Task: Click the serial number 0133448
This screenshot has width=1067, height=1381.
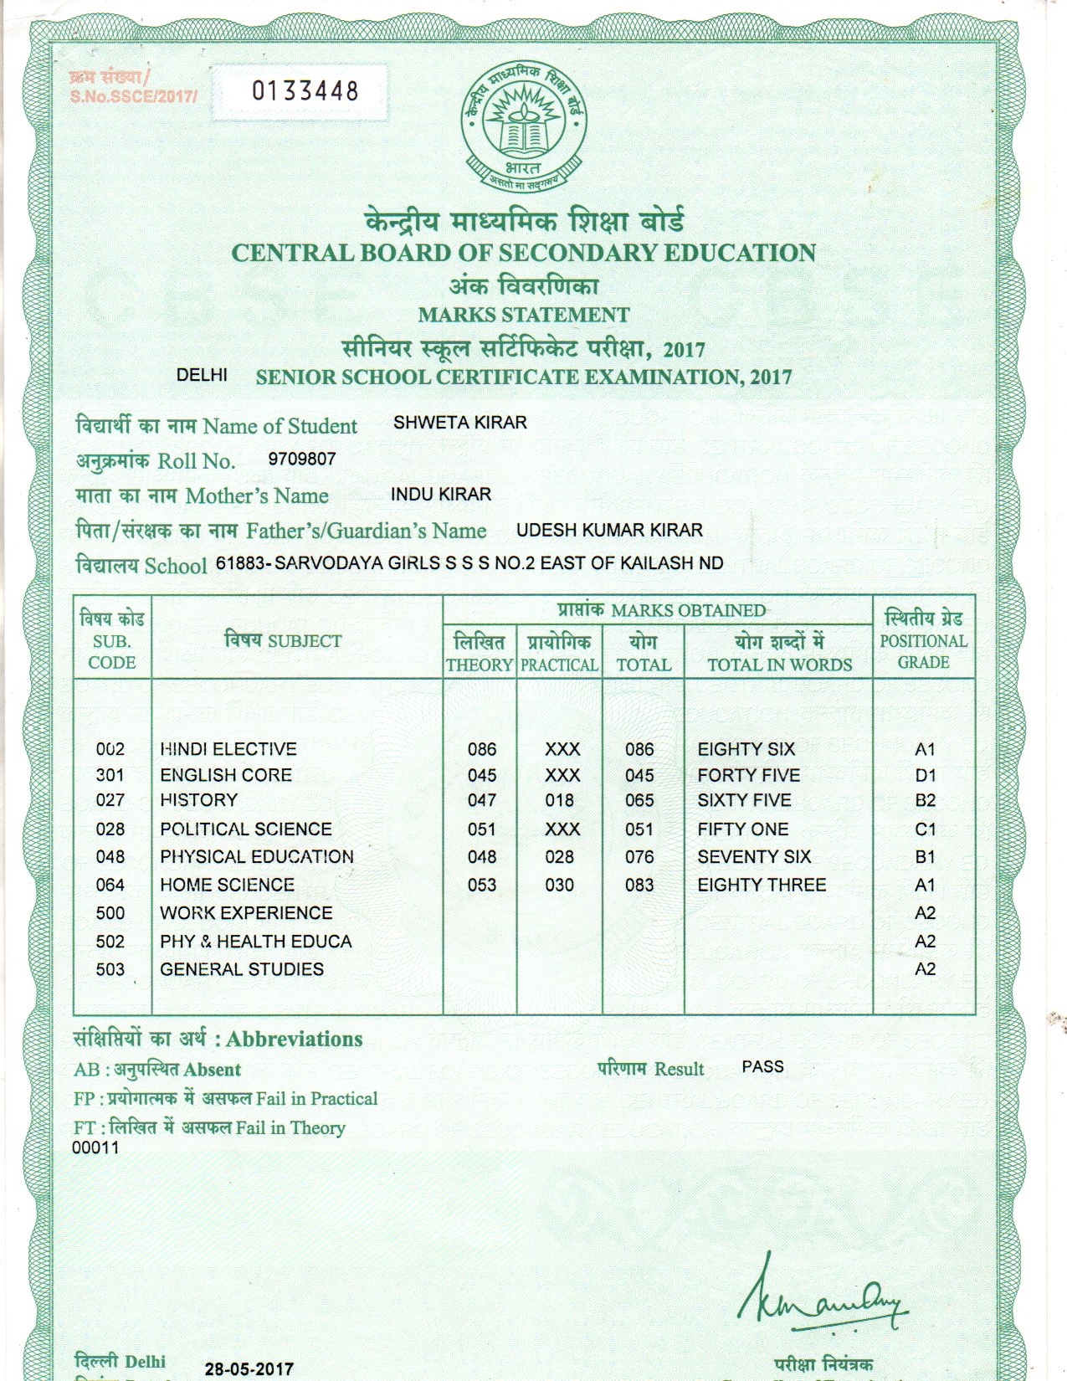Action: pyautogui.click(x=305, y=90)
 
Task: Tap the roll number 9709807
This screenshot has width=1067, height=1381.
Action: pyautogui.click(x=301, y=459)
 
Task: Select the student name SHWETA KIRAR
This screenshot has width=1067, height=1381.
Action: pyautogui.click(x=459, y=423)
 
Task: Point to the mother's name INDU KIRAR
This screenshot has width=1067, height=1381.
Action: pyautogui.click(x=440, y=495)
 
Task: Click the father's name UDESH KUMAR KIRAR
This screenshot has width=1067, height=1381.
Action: pyautogui.click(x=609, y=531)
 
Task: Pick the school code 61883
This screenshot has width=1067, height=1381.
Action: pyautogui.click(x=239, y=563)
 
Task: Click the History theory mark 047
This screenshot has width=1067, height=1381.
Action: pyautogui.click(x=481, y=800)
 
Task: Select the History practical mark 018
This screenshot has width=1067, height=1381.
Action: pyautogui.click(x=559, y=800)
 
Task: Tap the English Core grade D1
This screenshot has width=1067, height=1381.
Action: pyautogui.click(x=925, y=775)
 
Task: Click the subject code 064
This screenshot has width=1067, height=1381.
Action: pyautogui.click(x=110, y=885)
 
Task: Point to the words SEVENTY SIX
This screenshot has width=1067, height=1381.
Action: pyautogui.click(x=754, y=857)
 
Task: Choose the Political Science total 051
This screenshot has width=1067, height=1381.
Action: pyautogui.click(x=639, y=829)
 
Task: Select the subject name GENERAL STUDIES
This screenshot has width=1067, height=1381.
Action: pyautogui.click(x=242, y=969)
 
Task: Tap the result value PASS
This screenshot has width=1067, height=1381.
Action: pyautogui.click(x=762, y=1067)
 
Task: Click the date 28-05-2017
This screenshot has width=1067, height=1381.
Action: pyautogui.click(x=249, y=1369)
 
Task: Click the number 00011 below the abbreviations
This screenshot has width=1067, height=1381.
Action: pyautogui.click(x=95, y=1147)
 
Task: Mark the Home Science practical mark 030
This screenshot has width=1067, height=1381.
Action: pyautogui.click(x=559, y=885)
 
